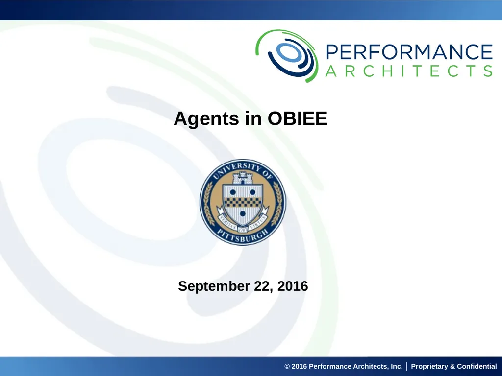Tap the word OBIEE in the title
click(x=298, y=118)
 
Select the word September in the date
click(x=214, y=286)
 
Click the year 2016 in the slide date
click(x=293, y=286)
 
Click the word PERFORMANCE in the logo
click(x=409, y=52)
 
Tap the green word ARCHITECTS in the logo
click(x=409, y=71)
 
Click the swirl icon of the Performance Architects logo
click(x=287, y=56)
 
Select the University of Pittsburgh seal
click(x=243, y=202)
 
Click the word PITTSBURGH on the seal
click(x=243, y=236)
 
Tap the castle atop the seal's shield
click(x=242, y=178)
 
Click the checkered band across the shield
click(x=243, y=202)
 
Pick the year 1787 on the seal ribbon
click(x=243, y=229)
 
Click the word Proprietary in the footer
click(x=429, y=366)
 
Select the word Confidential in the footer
click(x=477, y=366)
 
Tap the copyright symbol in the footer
click(x=287, y=366)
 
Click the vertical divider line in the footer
click(x=406, y=366)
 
